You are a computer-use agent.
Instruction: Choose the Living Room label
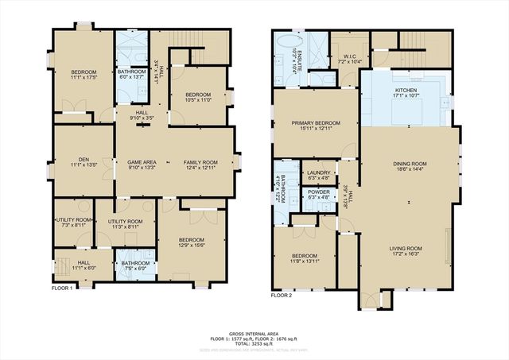click(406, 250)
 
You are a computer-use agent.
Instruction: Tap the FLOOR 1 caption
click(62, 287)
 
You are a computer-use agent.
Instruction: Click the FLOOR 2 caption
click(282, 295)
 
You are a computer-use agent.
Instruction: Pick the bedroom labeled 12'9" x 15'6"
click(191, 241)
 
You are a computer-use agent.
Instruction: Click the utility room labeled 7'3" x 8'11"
click(70, 223)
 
